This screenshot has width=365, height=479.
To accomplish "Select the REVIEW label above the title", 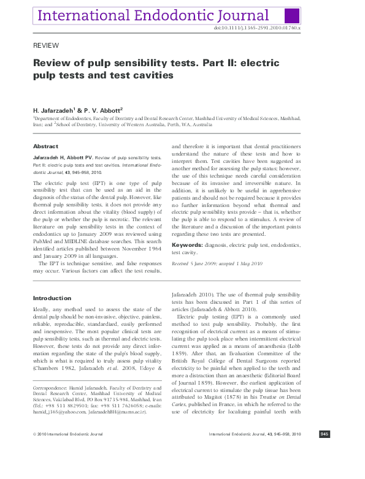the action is pos(45,46).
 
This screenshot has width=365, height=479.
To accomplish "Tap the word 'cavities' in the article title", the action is pos(152,75).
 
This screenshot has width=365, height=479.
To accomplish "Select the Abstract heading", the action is pos(45,146).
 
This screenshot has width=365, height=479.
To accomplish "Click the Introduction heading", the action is pos(52,298).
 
